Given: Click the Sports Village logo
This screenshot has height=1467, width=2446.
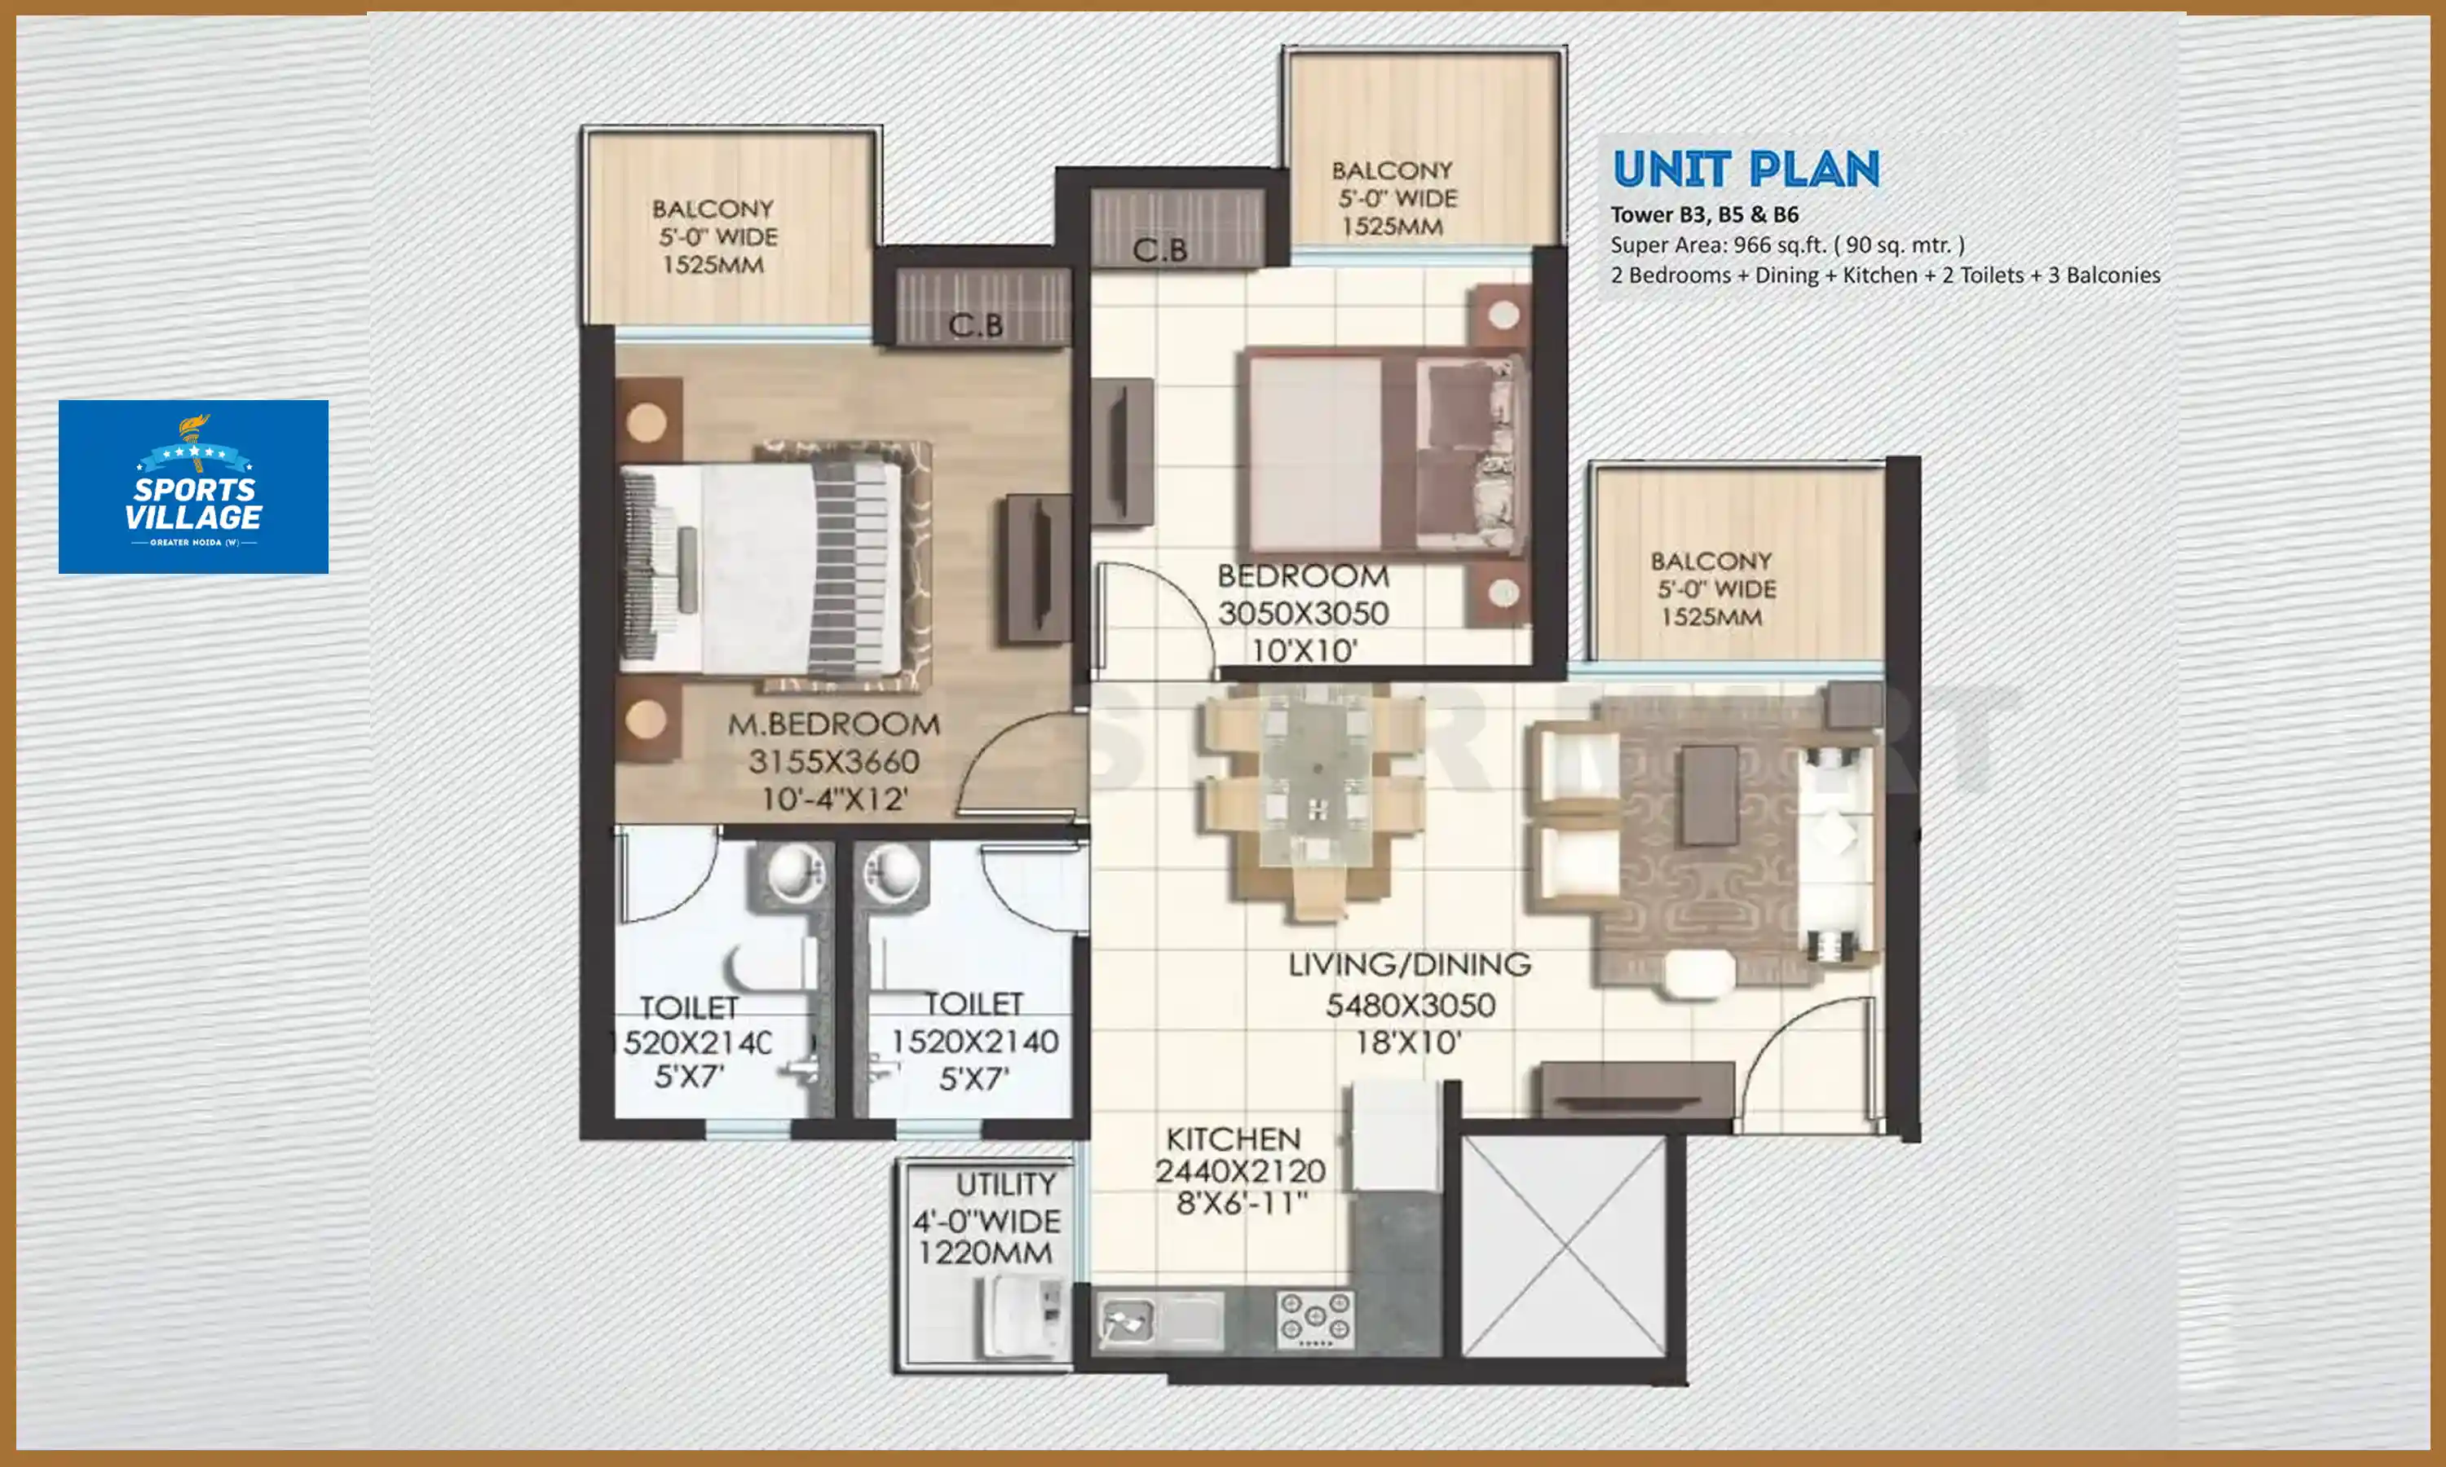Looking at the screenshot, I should (192, 487).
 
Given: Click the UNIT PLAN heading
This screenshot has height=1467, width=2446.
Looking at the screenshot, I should (1745, 170).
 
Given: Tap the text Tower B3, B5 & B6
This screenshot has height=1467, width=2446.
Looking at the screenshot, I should (1703, 214).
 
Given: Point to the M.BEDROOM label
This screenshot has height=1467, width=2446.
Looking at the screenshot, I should (833, 725).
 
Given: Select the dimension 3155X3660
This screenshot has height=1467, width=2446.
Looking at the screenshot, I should (833, 762).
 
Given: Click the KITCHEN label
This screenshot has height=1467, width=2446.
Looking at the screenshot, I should (1233, 1139).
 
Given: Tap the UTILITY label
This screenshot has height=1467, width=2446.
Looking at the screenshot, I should (1005, 1184).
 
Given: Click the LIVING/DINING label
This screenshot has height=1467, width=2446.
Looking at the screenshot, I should (1409, 965).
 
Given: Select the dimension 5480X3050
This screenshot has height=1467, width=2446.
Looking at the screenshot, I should (1409, 1007).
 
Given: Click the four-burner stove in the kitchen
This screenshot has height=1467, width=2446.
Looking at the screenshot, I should (1314, 1319).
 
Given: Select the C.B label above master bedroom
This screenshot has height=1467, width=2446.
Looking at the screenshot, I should (975, 325).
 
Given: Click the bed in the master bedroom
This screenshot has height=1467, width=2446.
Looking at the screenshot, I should (762, 568).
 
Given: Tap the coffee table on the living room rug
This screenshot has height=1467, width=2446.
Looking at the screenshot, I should (1710, 795).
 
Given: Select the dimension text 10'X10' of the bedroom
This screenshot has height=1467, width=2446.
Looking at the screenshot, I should (1303, 650).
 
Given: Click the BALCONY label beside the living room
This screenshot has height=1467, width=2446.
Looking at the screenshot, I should (1711, 561).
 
